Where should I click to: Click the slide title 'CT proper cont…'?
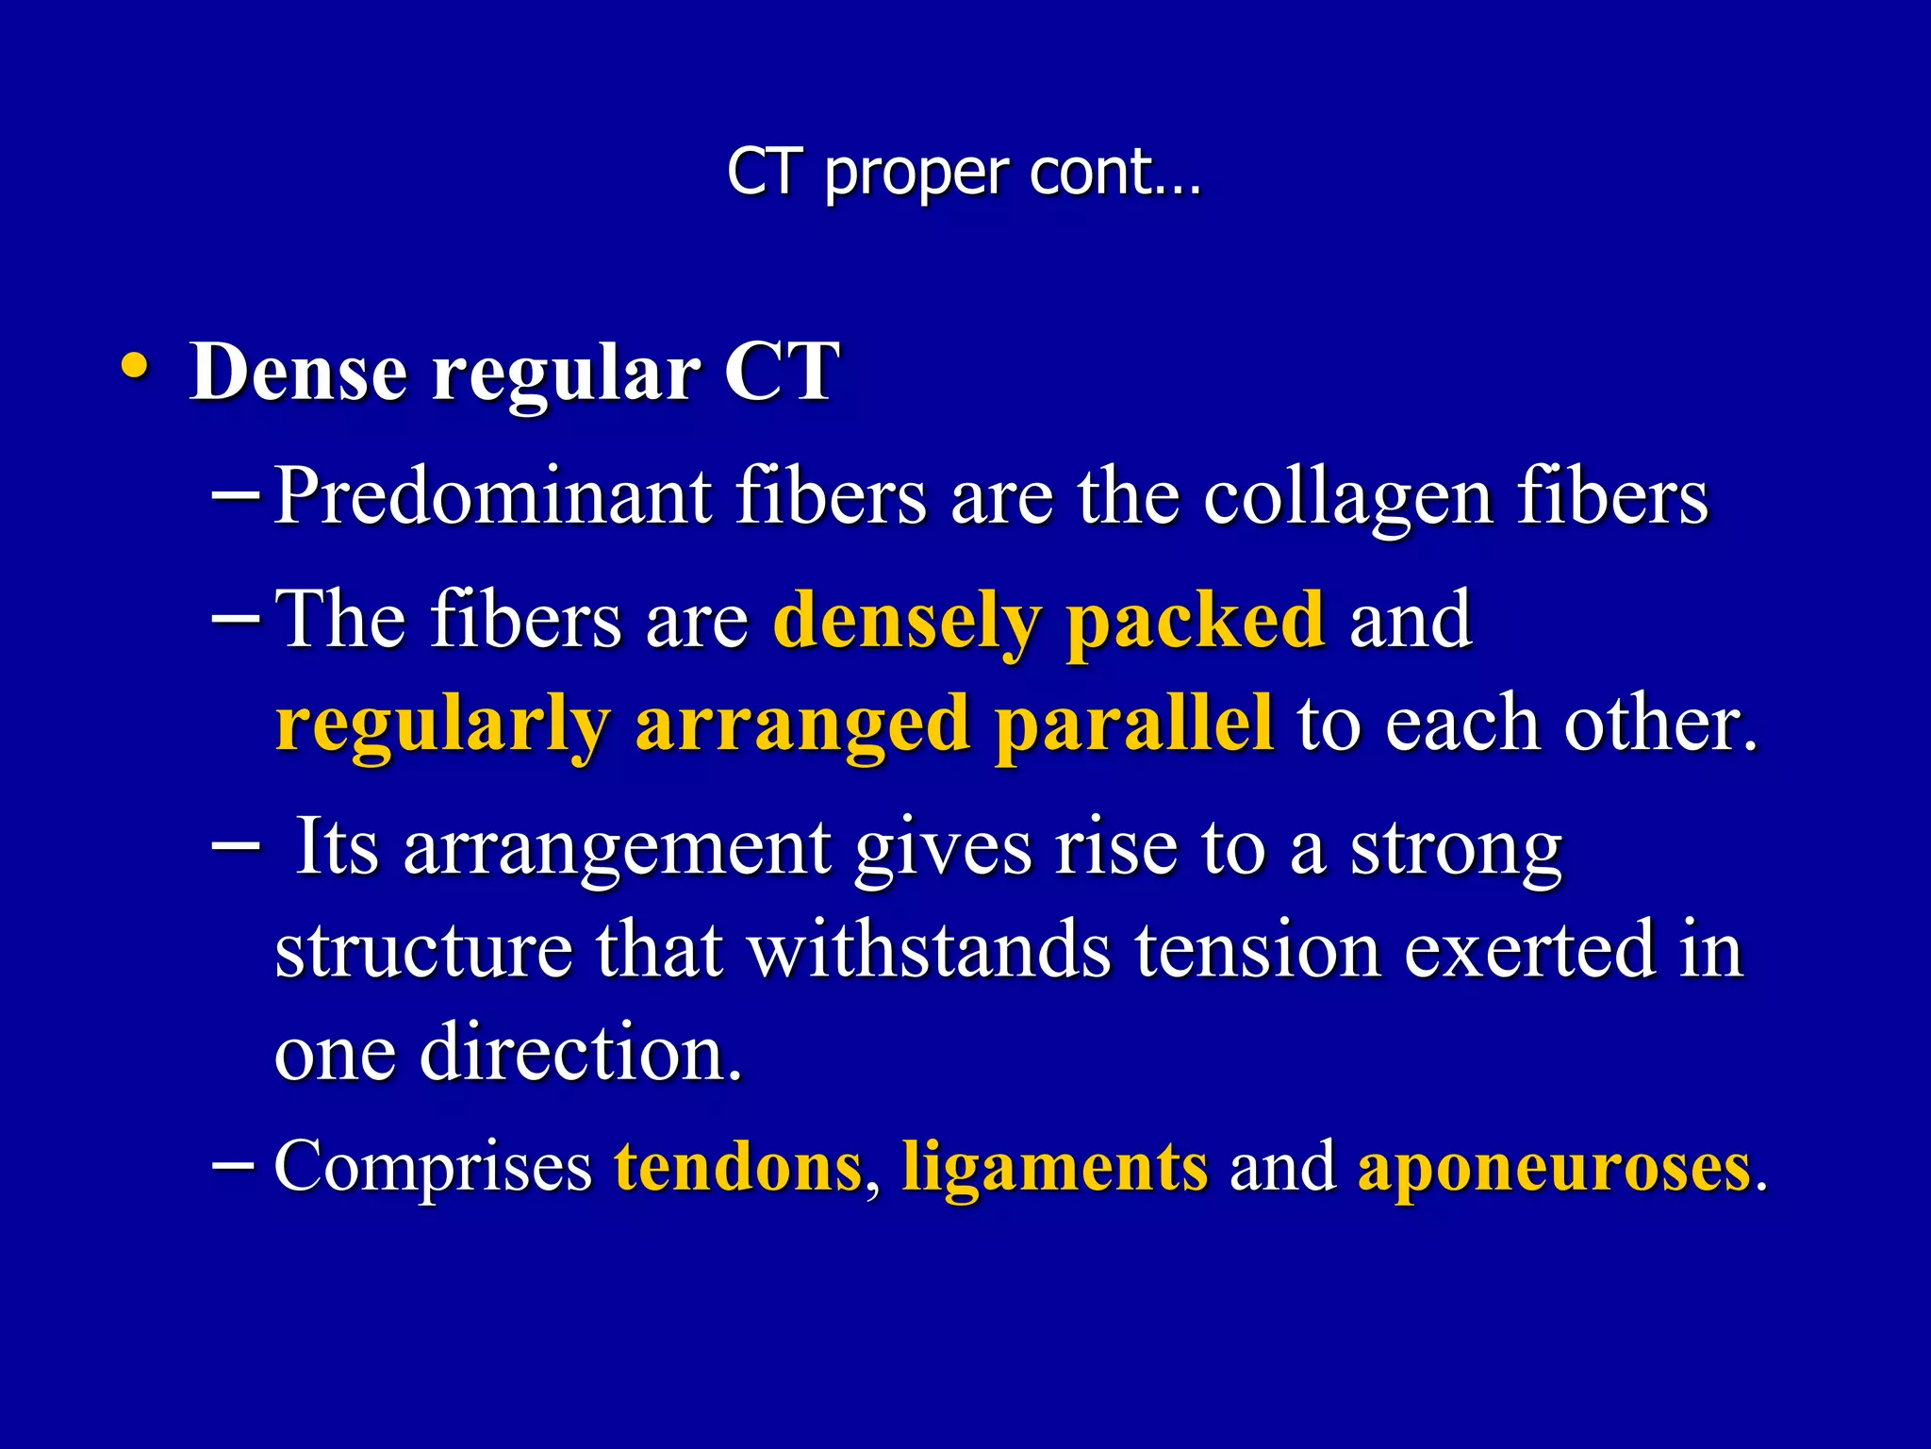pos(964,174)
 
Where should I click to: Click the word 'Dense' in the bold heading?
pos(299,372)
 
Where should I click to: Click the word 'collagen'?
pos(1347,500)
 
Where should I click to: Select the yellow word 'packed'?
pos(1195,623)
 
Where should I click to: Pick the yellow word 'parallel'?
pos(1134,726)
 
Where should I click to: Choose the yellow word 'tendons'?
pos(738,1168)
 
